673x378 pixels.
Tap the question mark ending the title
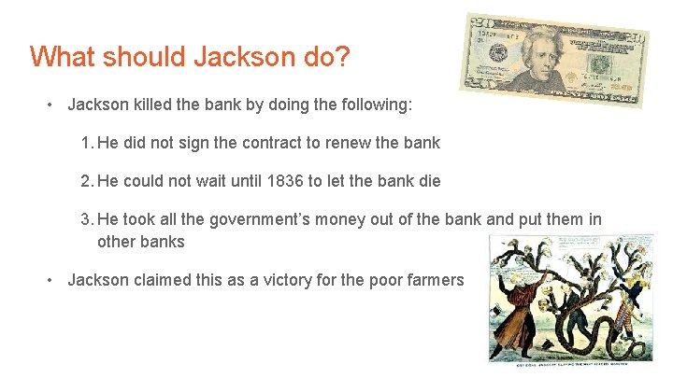tap(343, 57)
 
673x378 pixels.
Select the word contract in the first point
tap(251, 144)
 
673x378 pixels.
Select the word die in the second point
tap(429, 181)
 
